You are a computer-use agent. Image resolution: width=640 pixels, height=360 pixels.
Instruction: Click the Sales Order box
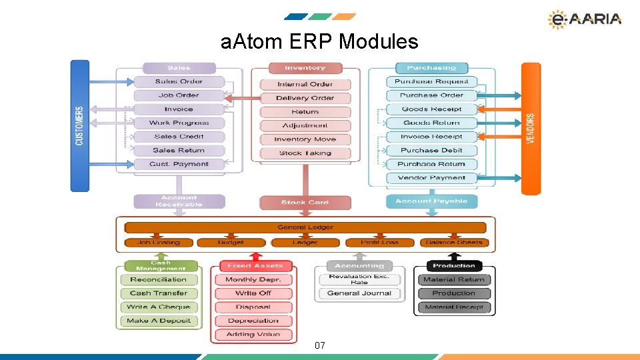point(179,81)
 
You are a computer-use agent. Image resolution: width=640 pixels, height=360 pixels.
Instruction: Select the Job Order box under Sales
point(179,95)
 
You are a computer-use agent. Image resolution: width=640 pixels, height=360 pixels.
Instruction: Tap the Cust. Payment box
point(179,164)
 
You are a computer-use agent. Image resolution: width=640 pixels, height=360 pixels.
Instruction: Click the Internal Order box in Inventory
point(305,84)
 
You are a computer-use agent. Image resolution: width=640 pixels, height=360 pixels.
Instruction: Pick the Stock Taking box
point(305,153)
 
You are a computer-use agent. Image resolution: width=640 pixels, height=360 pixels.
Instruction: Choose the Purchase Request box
point(431,81)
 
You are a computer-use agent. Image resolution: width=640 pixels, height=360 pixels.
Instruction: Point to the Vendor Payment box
point(431,178)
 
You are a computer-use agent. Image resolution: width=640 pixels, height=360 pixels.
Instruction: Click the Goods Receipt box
point(431,109)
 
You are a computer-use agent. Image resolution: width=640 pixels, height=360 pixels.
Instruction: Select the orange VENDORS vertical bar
point(531,128)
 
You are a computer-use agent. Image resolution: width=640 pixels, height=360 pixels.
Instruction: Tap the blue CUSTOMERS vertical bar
point(79,125)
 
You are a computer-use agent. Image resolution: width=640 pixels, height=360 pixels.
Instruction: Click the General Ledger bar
point(305,227)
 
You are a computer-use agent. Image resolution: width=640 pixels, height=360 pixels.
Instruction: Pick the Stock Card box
point(305,202)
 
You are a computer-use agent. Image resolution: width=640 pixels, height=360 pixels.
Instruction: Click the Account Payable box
point(431,201)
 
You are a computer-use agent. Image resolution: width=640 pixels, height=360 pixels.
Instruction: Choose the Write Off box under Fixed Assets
point(253,293)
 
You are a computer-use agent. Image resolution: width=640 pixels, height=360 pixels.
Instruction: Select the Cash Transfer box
point(159,293)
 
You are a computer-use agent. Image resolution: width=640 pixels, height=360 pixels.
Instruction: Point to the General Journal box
point(359,293)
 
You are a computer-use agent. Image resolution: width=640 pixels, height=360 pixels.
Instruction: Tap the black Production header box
point(453,266)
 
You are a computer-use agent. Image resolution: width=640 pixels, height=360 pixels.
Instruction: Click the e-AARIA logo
point(584,19)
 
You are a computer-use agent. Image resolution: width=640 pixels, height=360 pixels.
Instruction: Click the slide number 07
point(320,345)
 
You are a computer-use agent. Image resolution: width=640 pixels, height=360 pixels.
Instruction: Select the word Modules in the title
point(379,42)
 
